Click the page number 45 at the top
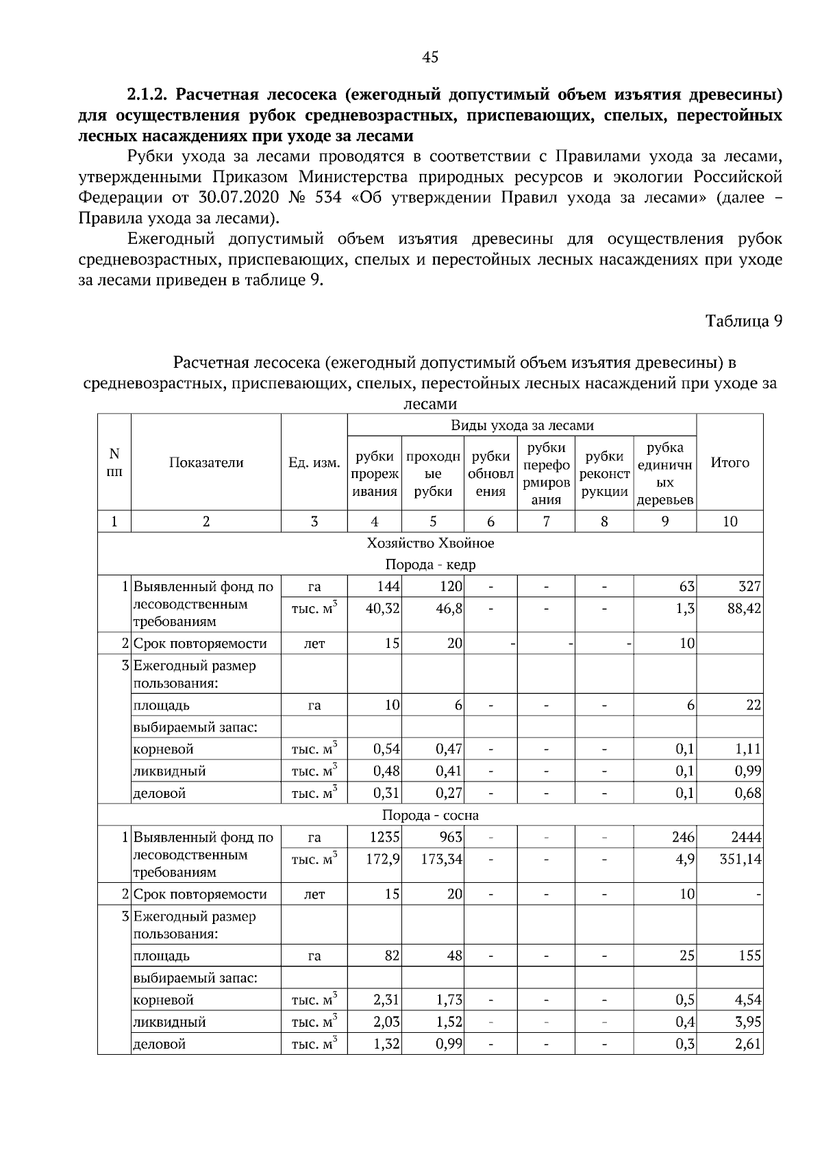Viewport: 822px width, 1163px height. pyautogui.click(x=430, y=58)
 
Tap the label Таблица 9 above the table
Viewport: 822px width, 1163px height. pyautogui.click(x=744, y=321)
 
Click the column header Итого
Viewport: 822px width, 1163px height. pyautogui.click(x=730, y=462)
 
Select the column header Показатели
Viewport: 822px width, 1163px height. pyautogui.click(x=206, y=462)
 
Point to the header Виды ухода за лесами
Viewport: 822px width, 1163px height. pyautogui.click(x=522, y=425)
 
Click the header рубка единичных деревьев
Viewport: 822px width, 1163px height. pyautogui.click(x=664, y=473)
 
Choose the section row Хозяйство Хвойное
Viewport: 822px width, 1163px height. pyautogui.click(x=430, y=543)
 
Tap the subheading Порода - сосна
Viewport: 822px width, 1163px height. pyautogui.click(x=430, y=815)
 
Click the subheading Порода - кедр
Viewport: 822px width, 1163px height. pyautogui.click(x=430, y=564)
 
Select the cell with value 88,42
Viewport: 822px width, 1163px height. pyautogui.click(x=744, y=608)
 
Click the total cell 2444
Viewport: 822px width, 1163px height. pyautogui.click(x=746, y=837)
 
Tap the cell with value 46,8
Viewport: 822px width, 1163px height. pyautogui.click(x=449, y=608)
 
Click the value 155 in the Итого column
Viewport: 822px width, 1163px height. pyautogui.click(x=749, y=955)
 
